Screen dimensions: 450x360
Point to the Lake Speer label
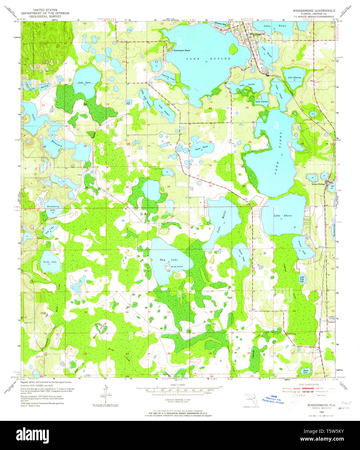[x=84, y=83]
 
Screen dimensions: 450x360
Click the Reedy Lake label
[x=50, y=262]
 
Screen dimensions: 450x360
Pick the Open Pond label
[x=201, y=148]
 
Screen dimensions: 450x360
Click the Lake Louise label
[x=247, y=84]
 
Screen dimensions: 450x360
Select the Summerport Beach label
[x=181, y=51]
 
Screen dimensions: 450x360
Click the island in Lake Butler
[x=233, y=49]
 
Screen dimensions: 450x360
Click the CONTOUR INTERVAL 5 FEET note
[x=178, y=400]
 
